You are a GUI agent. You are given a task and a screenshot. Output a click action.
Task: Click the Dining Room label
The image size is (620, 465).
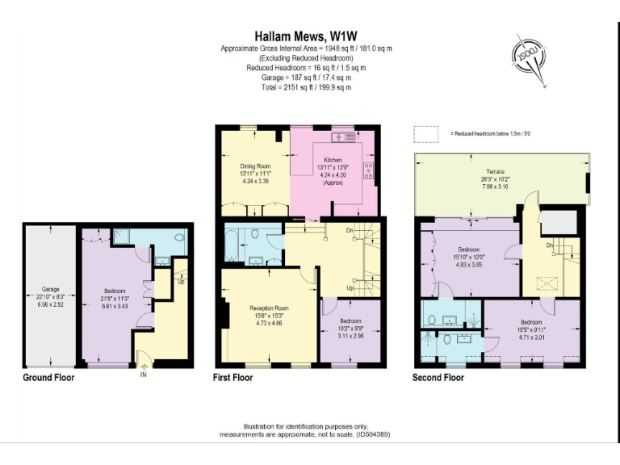click(x=254, y=167)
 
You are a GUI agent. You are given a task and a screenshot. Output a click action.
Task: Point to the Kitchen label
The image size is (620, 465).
click(x=333, y=160)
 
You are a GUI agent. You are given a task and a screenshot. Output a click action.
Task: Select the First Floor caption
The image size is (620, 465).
click(x=232, y=377)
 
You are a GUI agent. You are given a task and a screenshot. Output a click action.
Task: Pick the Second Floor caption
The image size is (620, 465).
click(x=438, y=377)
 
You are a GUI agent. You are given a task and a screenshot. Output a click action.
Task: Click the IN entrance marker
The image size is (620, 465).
click(x=144, y=375)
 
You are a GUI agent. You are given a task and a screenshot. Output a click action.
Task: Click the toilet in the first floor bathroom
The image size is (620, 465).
click(x=256, y=235)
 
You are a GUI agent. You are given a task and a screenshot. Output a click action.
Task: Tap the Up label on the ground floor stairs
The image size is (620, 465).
click(x=180, y=283)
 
